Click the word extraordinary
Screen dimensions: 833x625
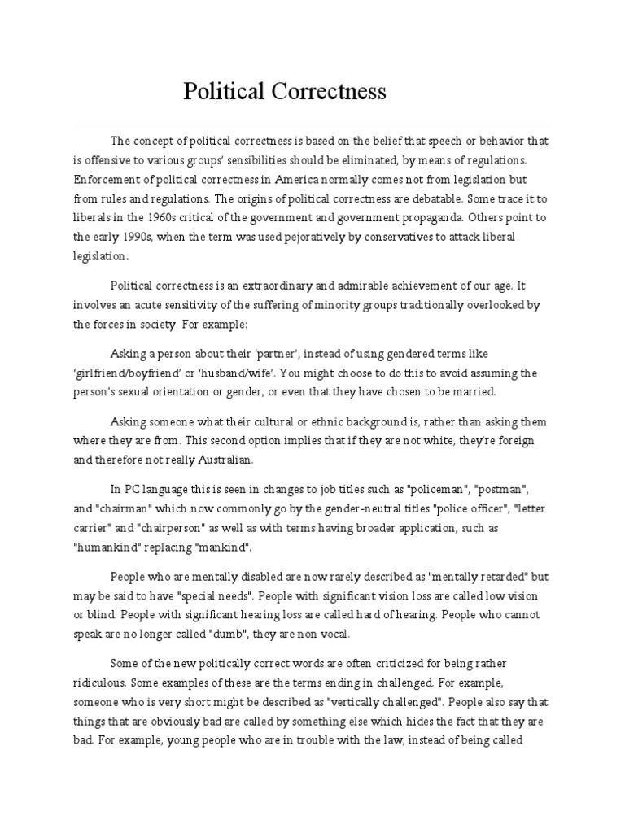coord(281,286)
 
